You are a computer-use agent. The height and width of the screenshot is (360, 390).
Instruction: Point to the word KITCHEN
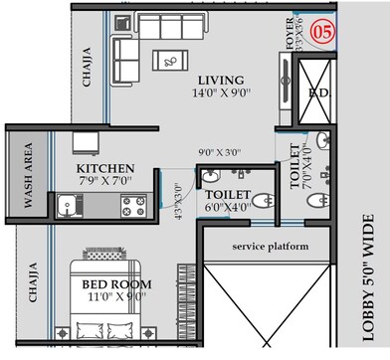[105, 169]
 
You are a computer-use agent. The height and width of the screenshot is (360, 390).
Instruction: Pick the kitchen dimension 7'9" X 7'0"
[105, 182]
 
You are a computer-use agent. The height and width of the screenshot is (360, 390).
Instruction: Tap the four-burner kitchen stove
[131, 207]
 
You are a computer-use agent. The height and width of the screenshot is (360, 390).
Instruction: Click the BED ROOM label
[116, 284]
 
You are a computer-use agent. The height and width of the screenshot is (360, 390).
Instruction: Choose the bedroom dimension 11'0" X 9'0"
[116, 297]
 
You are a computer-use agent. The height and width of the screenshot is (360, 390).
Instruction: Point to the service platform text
[268, 245]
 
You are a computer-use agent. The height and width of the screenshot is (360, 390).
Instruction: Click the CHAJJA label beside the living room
[87, 68]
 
